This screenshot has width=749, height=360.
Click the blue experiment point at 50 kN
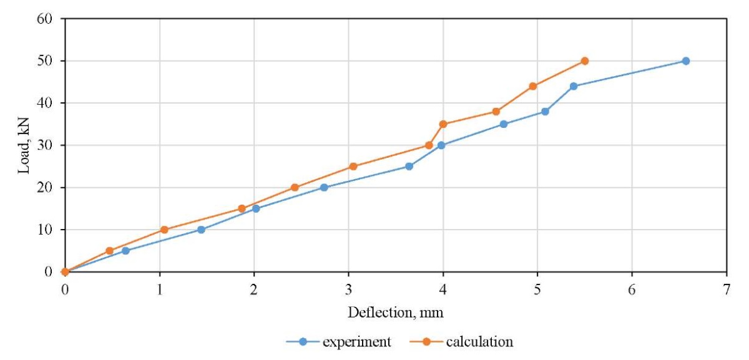point(685,61)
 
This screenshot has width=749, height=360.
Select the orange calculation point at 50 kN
point(585,61)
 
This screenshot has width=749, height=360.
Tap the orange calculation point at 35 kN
point(443,124)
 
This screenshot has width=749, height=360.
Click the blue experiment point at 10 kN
point(201,230)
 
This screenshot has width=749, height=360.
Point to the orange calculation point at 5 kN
point(110,251)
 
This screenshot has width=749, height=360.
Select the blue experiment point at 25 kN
point(409,167)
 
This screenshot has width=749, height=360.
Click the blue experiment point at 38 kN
point(545,112)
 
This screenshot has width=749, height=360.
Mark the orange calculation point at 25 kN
point(353,167)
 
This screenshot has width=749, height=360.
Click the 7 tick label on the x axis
point(726,288)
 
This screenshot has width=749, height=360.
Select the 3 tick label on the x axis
point(348,288)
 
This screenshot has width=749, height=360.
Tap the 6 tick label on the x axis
point(632,288)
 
